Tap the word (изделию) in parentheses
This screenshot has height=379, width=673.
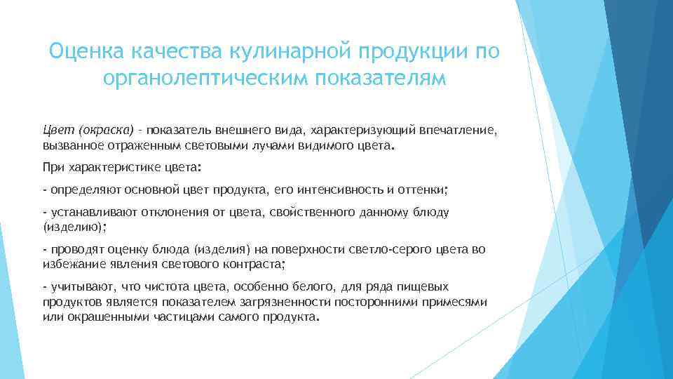click(74, 227)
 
